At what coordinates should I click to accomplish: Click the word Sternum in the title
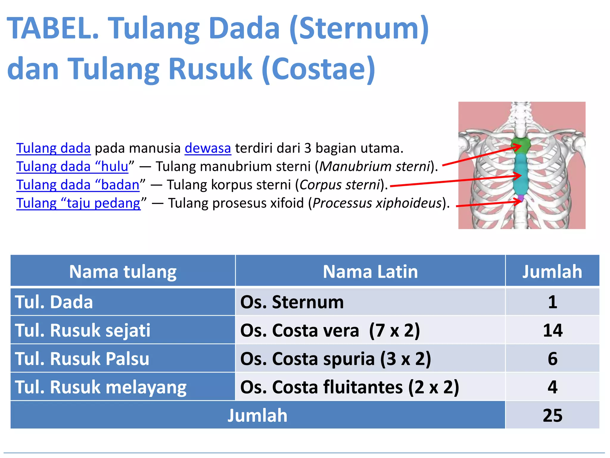(x=359, y=28)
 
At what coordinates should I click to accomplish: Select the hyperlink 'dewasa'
(x=208, y=148)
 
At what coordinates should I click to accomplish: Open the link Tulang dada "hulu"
(x=72, y=166)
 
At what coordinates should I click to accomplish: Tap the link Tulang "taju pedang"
(x=78, y=203)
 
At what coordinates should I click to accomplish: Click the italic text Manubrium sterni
(x=375, y=166)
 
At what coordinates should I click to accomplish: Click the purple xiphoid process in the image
(x=521, y=197)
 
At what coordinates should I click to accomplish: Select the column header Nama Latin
(x=370, y=271)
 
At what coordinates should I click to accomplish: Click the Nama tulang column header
(x=123, y=271)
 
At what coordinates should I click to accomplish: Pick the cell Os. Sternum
(x=292, y=302)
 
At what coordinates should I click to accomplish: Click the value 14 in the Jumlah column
(x=553, y=330)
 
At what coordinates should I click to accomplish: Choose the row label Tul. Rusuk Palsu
(x=82, y=358)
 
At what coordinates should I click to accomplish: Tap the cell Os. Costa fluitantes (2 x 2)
(x=349, y=387)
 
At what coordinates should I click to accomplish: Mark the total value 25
(x=553, y=415)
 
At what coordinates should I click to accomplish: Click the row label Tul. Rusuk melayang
(x=101, y=387)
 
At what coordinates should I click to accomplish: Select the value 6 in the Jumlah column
(x=553, y=358)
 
